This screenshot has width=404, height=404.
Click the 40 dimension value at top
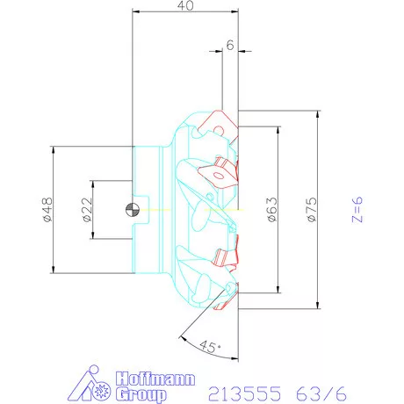[x=184, y=6]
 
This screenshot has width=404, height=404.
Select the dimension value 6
[x=229, y=46]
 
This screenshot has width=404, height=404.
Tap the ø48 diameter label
[x=45, y=209]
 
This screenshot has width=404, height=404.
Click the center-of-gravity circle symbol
[x=131, y=209]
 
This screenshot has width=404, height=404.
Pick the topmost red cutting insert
[x=217, y=122]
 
